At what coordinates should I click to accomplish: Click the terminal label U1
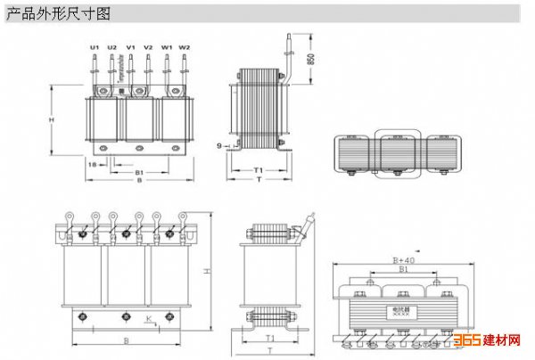tap(94, 46)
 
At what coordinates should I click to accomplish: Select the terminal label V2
tap(148, 46)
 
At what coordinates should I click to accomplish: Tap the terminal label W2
tap(185, 46)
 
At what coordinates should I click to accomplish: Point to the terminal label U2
tap(111, 46)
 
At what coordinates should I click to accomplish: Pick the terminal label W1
tap(167, 46)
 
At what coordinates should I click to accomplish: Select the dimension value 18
tap(92, 165)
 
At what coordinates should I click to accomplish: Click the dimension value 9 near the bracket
tap(218, 144)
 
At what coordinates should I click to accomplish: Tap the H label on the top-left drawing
tap(52, 119)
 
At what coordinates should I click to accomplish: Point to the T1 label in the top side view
tap(258, 169)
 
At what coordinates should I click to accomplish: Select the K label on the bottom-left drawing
tap(149, 316)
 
